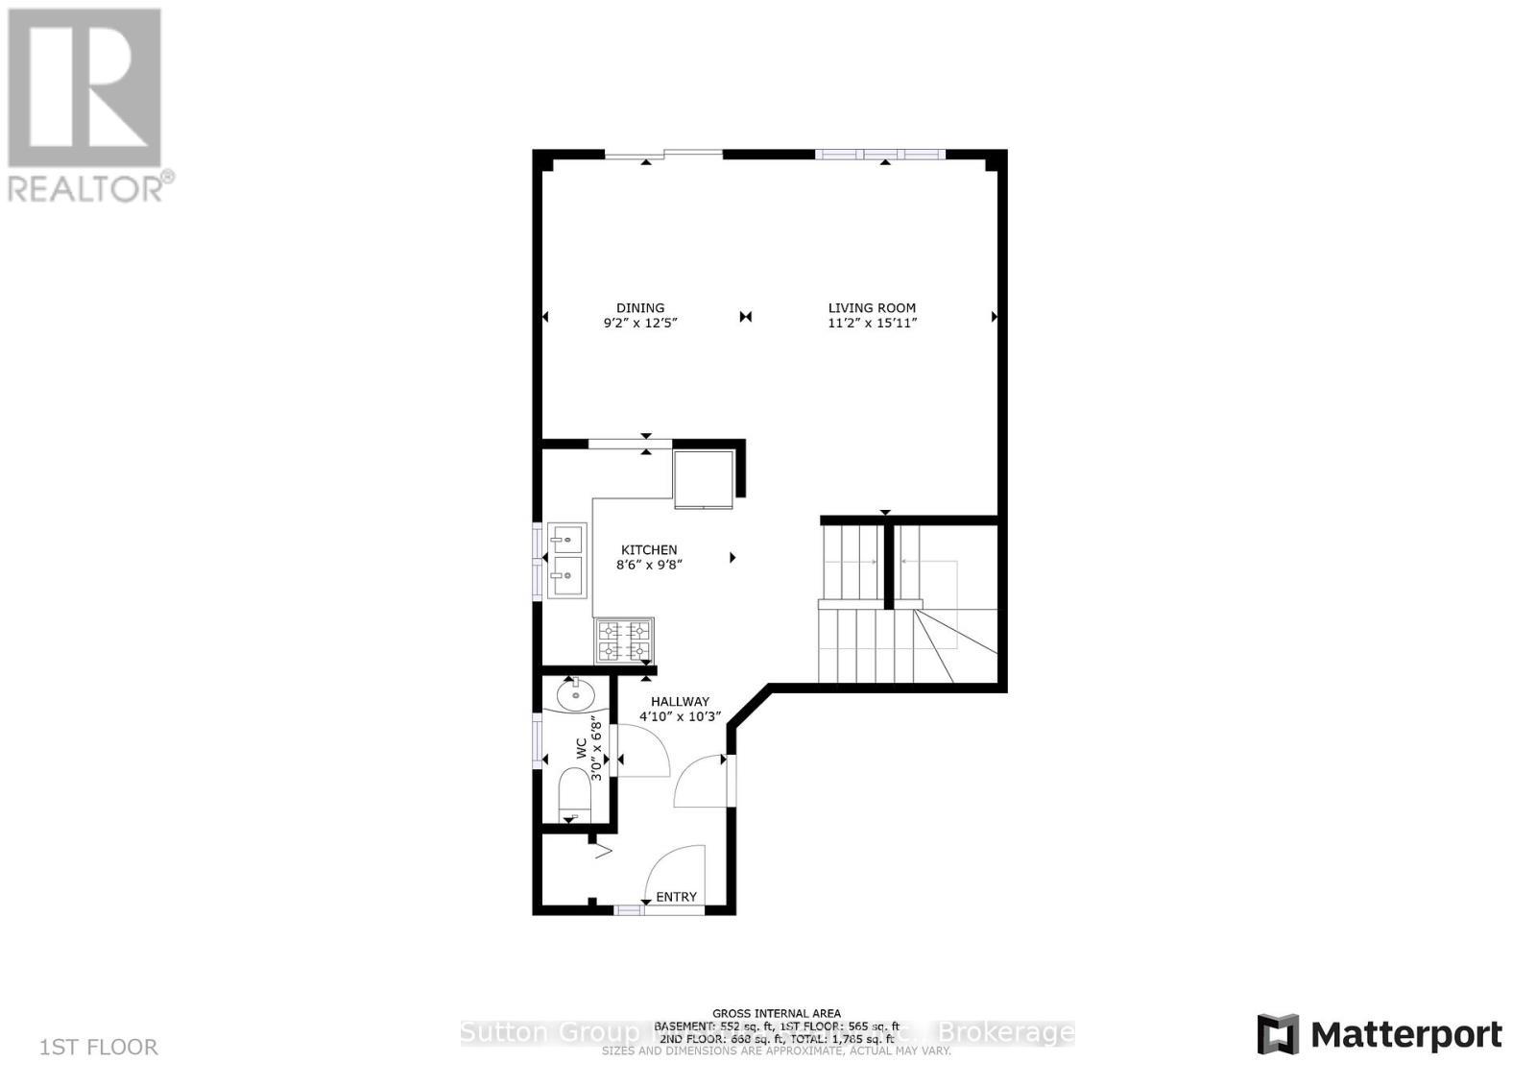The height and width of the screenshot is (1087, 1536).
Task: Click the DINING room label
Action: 640,308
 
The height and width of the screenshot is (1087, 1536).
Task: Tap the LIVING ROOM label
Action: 872,308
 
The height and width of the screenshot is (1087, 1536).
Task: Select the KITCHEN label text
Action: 649,550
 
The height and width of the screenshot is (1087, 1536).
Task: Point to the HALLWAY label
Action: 680,702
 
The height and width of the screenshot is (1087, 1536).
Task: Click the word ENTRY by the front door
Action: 676,897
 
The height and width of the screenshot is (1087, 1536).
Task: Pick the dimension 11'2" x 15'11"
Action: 872,324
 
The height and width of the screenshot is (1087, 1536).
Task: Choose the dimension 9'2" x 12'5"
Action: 640,324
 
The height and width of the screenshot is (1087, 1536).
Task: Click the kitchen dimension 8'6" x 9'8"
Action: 649,566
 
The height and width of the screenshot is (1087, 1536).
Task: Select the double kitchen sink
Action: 566,560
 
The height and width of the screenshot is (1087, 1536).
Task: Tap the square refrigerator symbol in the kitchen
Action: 704,477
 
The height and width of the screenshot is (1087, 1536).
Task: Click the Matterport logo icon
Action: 1278,1034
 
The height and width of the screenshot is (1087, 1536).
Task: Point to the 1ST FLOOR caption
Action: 99,1047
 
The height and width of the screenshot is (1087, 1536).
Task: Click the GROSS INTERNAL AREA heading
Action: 776,1013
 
